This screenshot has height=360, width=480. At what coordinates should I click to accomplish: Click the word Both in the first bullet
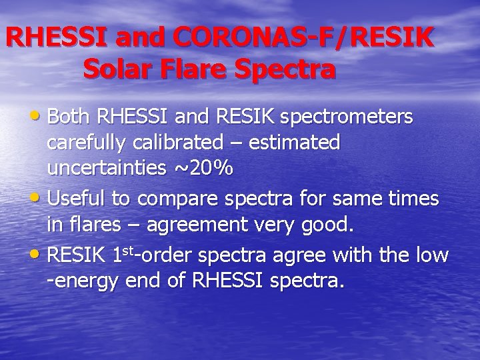[x=70, y=117]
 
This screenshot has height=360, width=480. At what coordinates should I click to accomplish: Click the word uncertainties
[x=105, y=168]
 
